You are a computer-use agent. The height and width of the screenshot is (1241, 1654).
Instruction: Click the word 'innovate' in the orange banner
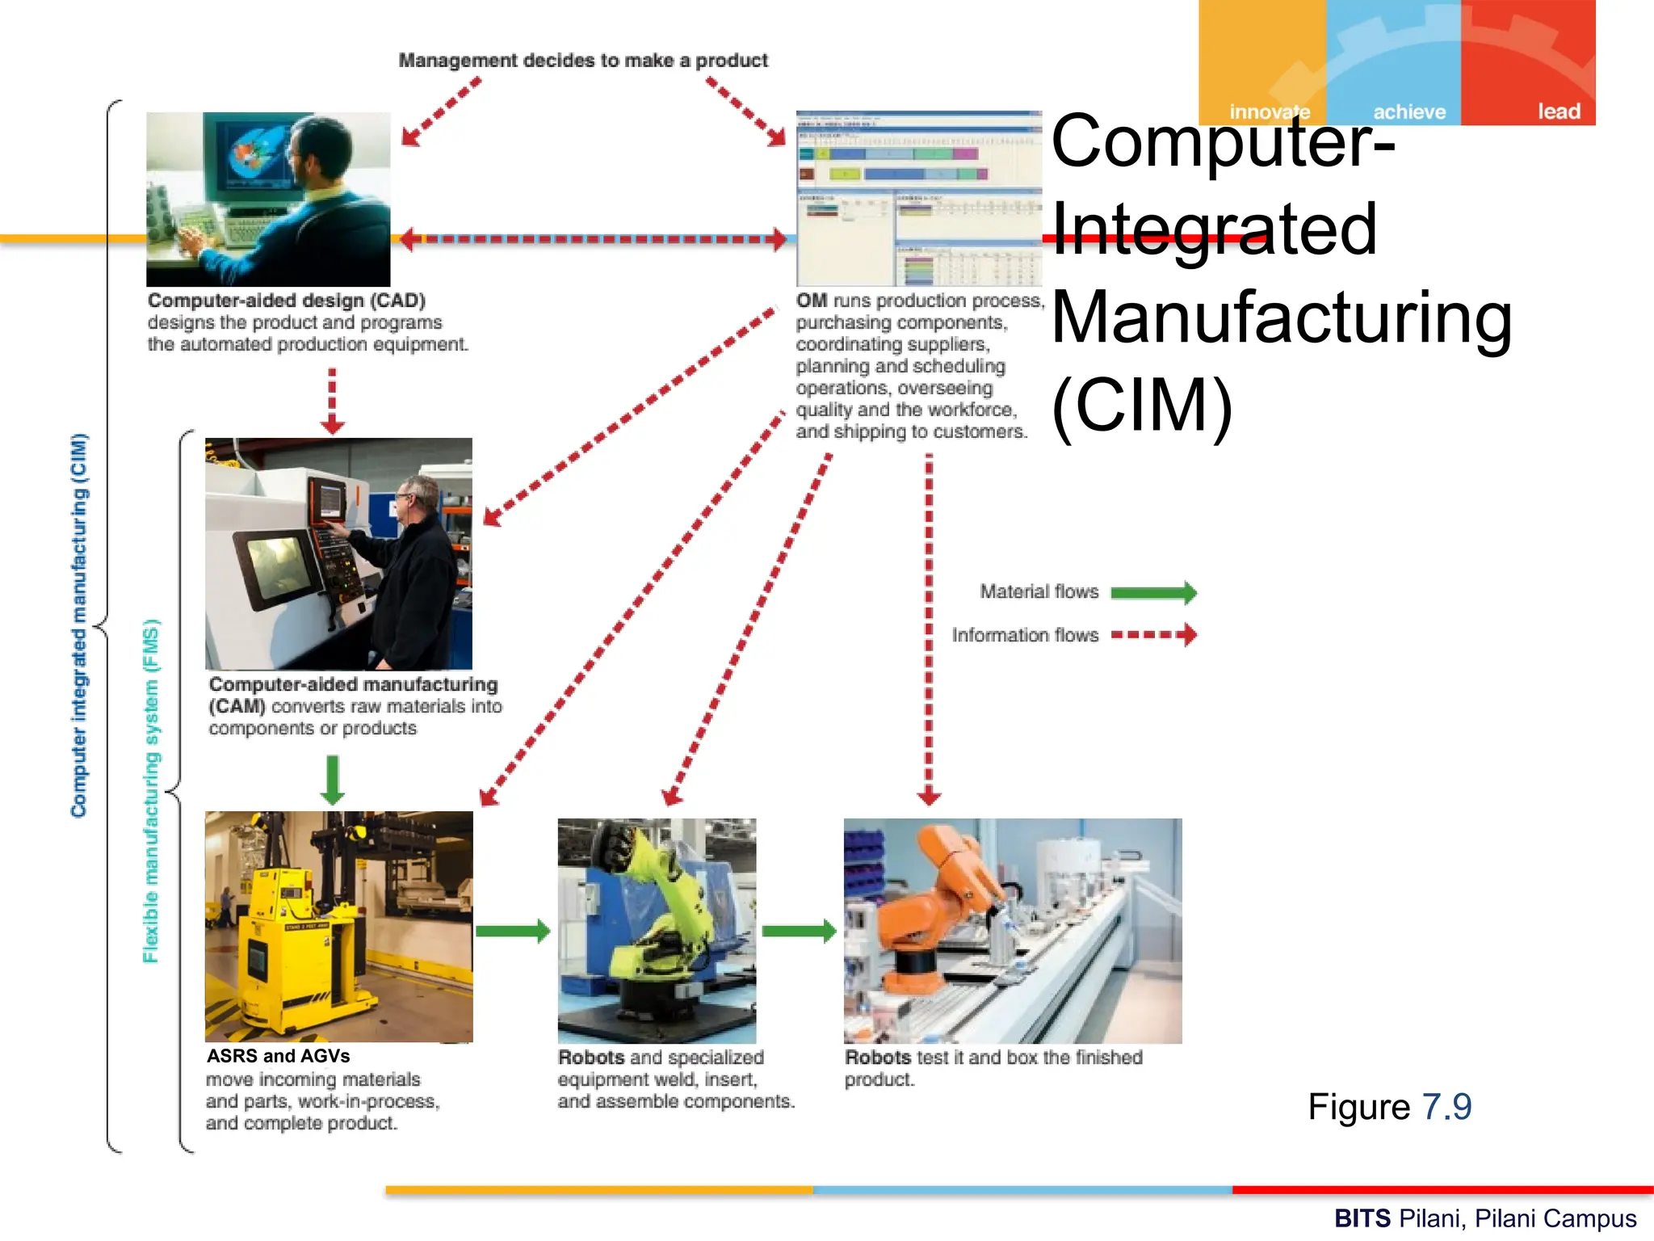1269,111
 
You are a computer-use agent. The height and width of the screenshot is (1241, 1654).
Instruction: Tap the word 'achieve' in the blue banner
1408,111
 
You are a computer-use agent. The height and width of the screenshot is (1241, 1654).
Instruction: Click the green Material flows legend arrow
1153,592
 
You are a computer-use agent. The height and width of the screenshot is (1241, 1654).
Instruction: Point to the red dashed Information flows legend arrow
1153,635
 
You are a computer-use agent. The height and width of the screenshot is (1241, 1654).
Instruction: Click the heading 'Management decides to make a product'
583,61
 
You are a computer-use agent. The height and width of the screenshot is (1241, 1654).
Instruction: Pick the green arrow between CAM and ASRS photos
333,779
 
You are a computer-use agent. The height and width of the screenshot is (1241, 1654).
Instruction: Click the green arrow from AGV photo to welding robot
513,931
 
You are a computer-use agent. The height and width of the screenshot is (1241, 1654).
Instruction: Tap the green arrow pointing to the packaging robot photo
799,931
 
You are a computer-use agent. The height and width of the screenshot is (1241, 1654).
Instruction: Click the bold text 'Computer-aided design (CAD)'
286,301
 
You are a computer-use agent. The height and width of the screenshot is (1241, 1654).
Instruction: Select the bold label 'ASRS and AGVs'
278,1056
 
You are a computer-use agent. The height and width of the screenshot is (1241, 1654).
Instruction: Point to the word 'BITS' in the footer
1362,1218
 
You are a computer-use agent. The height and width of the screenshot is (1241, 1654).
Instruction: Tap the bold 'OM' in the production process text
811,301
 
